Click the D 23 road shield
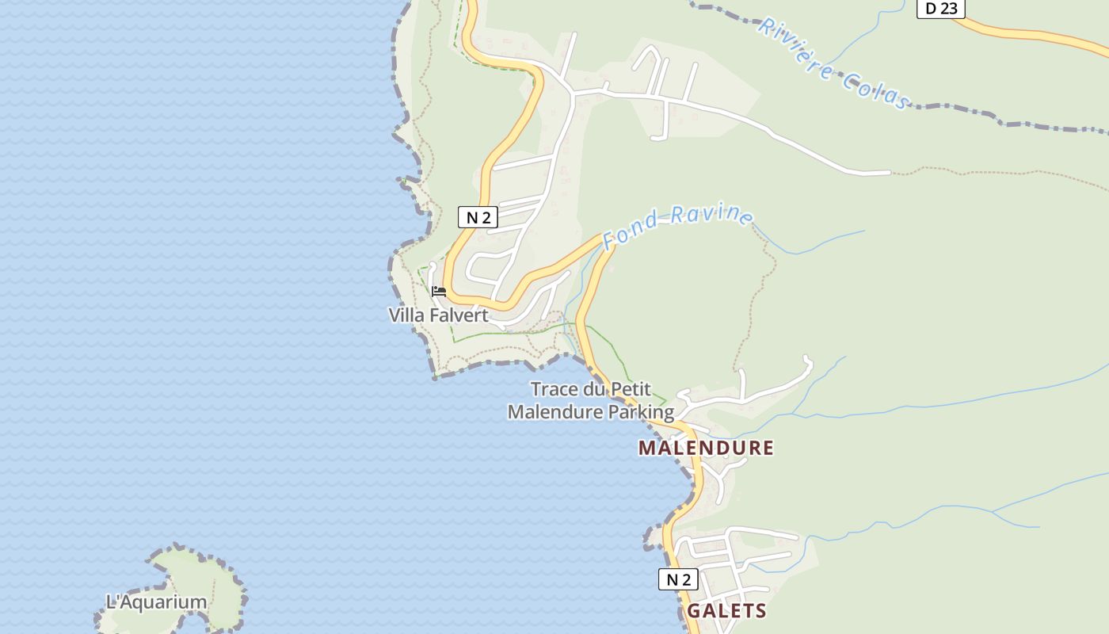[x=941, y=8]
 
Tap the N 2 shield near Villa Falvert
[x=478, y=217]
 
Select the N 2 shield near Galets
[x=678, y=579]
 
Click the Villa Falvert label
[x=438, y=315]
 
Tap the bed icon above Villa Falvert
[x=439, y=292]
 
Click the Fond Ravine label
[x=677, y=224]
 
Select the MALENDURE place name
[x=706, y=448]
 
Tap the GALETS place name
[x=726, y=611]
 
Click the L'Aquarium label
[x=156, y=602]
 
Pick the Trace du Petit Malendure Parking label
[x=591, y=401]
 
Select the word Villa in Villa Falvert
[x=406, y=315]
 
